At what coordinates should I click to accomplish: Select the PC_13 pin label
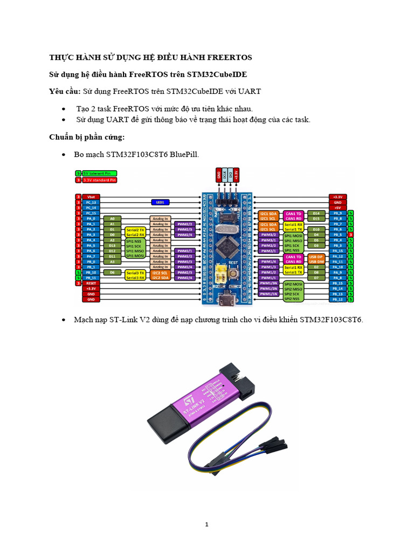pos(91,202)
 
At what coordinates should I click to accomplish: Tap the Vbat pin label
pos(91,197)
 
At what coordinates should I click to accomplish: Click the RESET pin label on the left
pos(91,283)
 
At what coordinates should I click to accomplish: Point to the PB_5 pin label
pos(338,235)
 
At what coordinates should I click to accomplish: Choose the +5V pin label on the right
pos(338,208)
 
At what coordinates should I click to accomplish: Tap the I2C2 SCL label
pos(160,273)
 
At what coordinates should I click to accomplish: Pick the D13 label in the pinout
pos(112,245)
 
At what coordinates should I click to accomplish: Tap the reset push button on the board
pos(234,274)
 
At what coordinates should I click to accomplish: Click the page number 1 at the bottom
pos(207,524)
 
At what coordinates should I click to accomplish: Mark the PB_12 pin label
pos(338,299)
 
